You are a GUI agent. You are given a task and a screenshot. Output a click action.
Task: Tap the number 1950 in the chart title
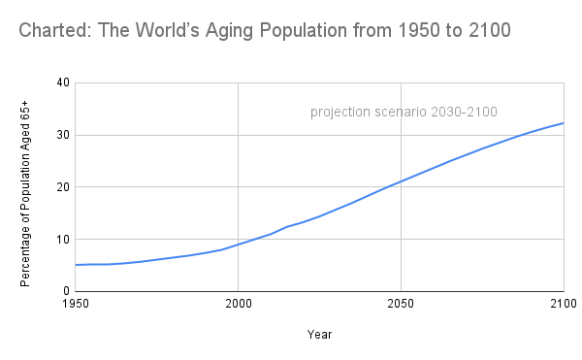tap(382, 31)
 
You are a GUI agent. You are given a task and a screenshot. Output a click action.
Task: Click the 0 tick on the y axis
tap(65, 291)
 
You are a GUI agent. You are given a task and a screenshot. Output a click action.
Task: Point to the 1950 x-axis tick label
tap(76, 305)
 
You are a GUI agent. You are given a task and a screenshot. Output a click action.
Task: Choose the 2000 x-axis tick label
tap(239, 305)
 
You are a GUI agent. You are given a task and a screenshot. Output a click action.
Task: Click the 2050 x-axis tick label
tap(401, 305)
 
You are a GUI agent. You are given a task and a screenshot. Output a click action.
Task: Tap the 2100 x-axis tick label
tap(563, 305)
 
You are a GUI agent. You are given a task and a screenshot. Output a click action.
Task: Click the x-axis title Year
tap(319, 335)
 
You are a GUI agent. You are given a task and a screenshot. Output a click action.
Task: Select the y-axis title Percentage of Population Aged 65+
tap(25, 186)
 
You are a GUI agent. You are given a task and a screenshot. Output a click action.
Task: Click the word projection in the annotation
tap(340, 113)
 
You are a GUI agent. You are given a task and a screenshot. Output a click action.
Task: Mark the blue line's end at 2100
tap(564, 123)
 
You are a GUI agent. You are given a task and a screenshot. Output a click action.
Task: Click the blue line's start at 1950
tap(76, 265)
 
